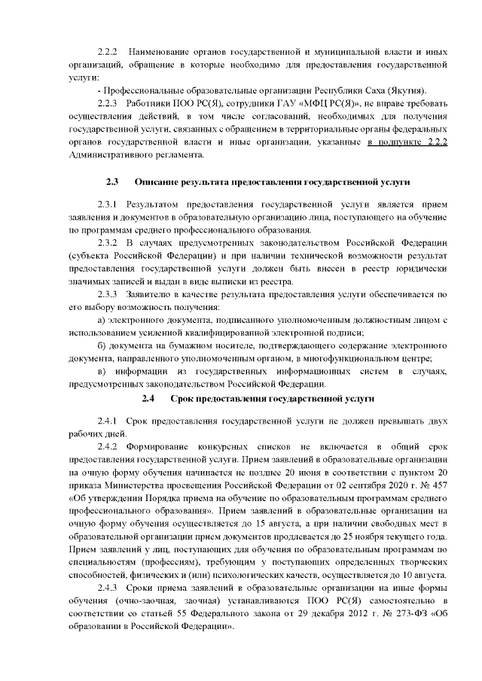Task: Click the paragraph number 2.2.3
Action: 109,102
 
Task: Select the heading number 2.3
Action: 112,182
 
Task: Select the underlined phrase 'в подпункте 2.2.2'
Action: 408,141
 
